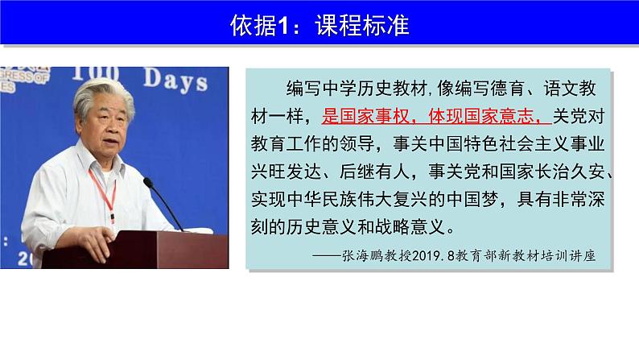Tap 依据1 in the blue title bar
[x=258, y=26]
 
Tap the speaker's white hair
[x=105, y=93]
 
